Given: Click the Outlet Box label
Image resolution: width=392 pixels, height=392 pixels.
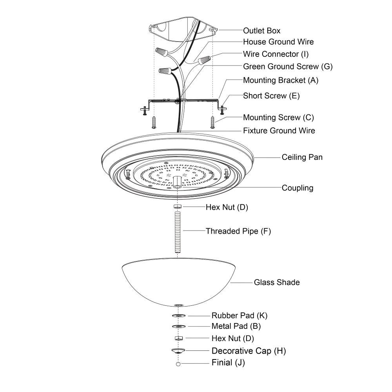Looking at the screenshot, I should [x=261, y=31].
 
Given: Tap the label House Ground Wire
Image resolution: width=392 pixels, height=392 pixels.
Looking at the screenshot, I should [x=278, y=42].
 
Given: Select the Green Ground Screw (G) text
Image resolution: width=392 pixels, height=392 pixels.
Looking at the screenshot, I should [x=288, y=67].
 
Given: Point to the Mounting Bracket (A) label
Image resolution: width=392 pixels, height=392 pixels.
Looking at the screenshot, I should [x=281, y=81].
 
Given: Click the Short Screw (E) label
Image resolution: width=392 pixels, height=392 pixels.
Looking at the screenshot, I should [x=270, y=96].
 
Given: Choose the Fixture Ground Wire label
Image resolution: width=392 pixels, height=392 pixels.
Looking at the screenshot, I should [x=279, y=131].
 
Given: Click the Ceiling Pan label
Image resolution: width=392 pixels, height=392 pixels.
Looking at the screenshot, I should [x=302, y=158].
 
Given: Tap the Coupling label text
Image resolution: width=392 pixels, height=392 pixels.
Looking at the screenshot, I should [x=298, y=188].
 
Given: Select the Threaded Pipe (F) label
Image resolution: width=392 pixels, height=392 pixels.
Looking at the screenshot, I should [x=238, y=231].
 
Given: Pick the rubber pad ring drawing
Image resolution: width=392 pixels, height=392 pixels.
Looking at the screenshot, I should [x=178, y=316].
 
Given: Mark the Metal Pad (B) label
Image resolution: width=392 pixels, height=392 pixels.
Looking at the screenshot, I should [x=236, y=326].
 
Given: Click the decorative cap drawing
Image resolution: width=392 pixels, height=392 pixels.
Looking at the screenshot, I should [x=178, y=350].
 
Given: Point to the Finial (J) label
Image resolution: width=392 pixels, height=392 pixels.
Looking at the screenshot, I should [x=228, y=363].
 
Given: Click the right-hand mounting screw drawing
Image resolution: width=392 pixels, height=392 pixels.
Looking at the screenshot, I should [x=212, y=122].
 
